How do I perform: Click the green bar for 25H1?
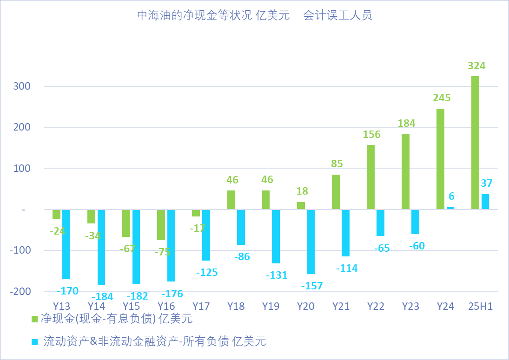click(x=475, y=143)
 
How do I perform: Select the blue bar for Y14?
click(x=101, y=247)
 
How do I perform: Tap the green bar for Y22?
click(x=370, y=177)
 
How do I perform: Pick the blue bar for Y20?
click(x=311, y=242)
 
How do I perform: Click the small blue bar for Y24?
click(x=450, y=208)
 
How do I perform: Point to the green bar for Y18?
click(x=231, y=200)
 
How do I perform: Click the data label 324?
click(x=476, y=66)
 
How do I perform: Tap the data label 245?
click(x=442, y=98)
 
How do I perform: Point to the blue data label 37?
click(x=487, y=183)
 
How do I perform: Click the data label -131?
click(x=277, y=275)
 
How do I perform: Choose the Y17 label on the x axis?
click(x=201, y=307)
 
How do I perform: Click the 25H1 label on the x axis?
click(x=481, y=307)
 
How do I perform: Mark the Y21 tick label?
click(x=341, y=307)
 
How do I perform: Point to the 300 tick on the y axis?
click(x=22, y=86)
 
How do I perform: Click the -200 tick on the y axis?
click(x=20, y=291)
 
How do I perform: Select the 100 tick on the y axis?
click(x=22, y=168)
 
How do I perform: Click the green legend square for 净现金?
click(x=35, y=319)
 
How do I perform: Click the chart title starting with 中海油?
click(x=254, y=16)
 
